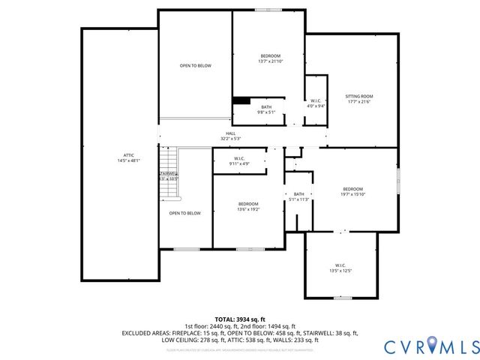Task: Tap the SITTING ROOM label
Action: point(358,99)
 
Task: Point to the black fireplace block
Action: point(241,101)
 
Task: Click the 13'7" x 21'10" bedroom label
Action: point(270,59)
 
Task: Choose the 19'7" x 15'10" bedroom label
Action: point(352,192)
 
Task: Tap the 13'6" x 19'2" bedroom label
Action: point(248,207)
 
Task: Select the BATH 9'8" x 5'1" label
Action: point(266,109)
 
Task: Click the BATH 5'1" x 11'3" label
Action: point(299,197)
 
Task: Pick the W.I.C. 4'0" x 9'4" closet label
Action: point(316,103)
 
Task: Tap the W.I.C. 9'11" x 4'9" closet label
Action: point(239,160)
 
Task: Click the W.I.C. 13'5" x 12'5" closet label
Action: point(340,268)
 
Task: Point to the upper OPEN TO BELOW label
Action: point(195,66)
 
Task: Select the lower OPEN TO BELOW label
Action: point(184,213)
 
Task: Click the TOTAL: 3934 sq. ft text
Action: point(239,318)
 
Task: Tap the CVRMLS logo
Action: point(430,346)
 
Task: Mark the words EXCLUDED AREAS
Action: point(147,333)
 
